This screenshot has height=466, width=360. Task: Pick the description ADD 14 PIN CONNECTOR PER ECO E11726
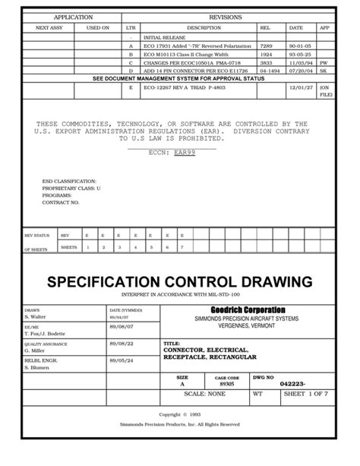tap(191, 71)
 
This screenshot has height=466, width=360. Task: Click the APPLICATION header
tap(73, 16)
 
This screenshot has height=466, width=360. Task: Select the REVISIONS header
tap(227, 16)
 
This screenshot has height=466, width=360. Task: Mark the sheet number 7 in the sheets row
tap(182, 247)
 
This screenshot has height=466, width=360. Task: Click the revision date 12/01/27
tap(295, 87)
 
